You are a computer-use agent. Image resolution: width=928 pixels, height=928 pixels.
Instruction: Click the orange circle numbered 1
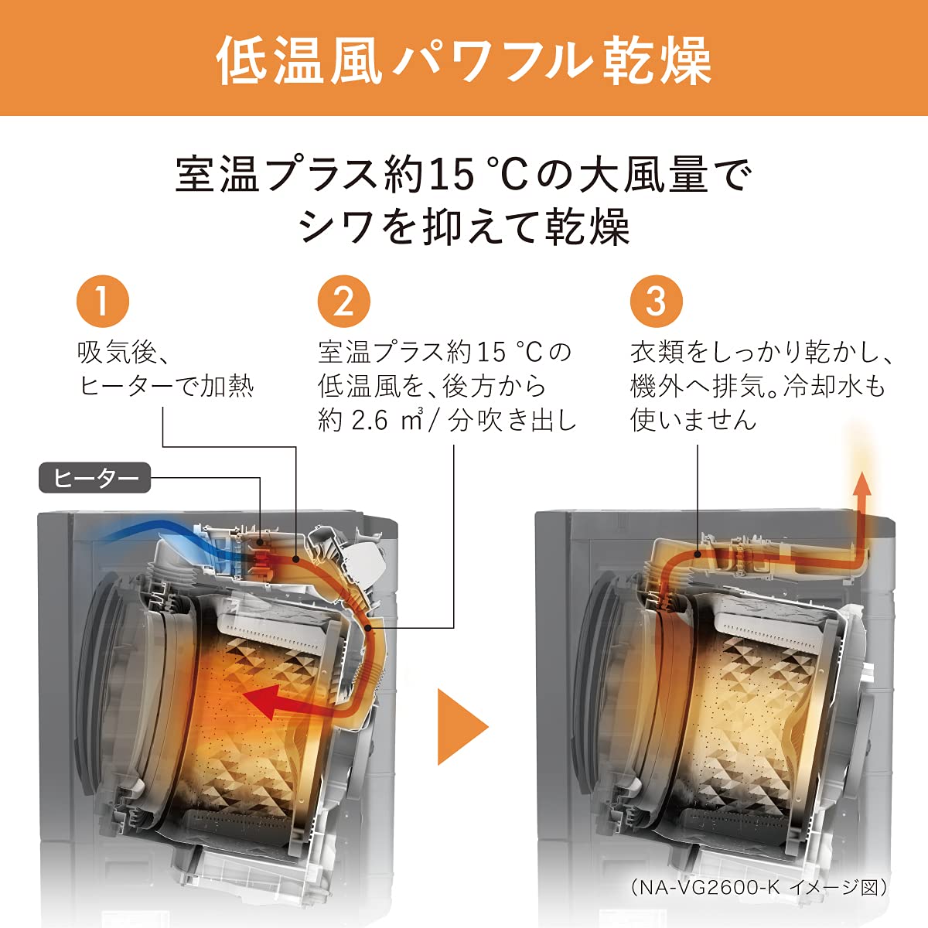(x=103, y=301)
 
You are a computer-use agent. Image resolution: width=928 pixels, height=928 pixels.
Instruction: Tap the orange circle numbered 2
(x=344, y=301)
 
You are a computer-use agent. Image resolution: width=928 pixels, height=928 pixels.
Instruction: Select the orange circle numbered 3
(x=656, y=301)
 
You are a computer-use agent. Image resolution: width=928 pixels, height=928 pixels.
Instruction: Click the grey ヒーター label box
(x=94, y=479)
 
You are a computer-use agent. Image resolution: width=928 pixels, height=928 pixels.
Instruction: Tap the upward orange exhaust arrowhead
(x=862, y=485)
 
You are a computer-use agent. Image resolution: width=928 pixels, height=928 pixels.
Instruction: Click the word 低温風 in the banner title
(x=299, y=60)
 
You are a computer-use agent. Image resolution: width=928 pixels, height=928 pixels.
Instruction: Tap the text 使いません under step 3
(x=694, y=420)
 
